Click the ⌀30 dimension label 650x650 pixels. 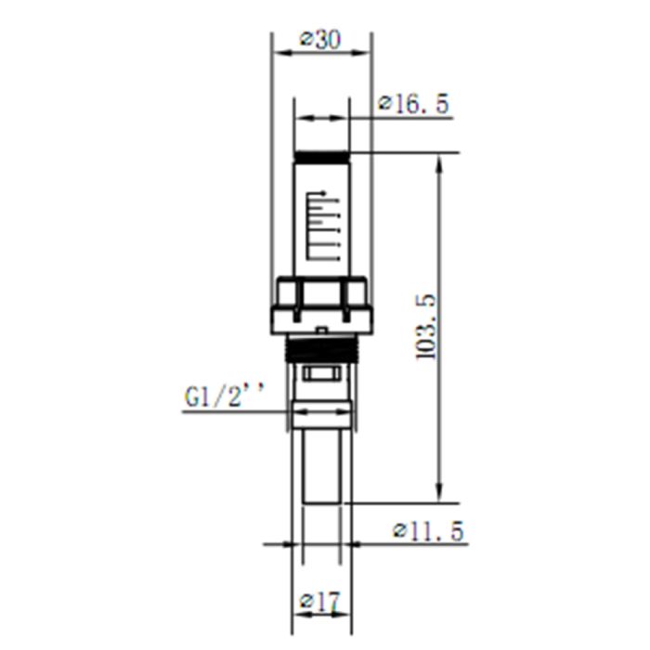pyautogui.click(x=321, y=40)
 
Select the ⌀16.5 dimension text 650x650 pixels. pyautogui.click(x=413, y=105)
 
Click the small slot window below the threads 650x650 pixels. pyautogui.click(x=321, y=374)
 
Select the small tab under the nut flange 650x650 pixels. pyautogui.click(x=321, y=331)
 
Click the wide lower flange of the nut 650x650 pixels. pyautogui.click(x=321, y=321)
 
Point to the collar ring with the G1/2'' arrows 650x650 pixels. pyautogui.click(x=321, y=413)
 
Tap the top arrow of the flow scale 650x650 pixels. pyautogui.click(x=321, y=193)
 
